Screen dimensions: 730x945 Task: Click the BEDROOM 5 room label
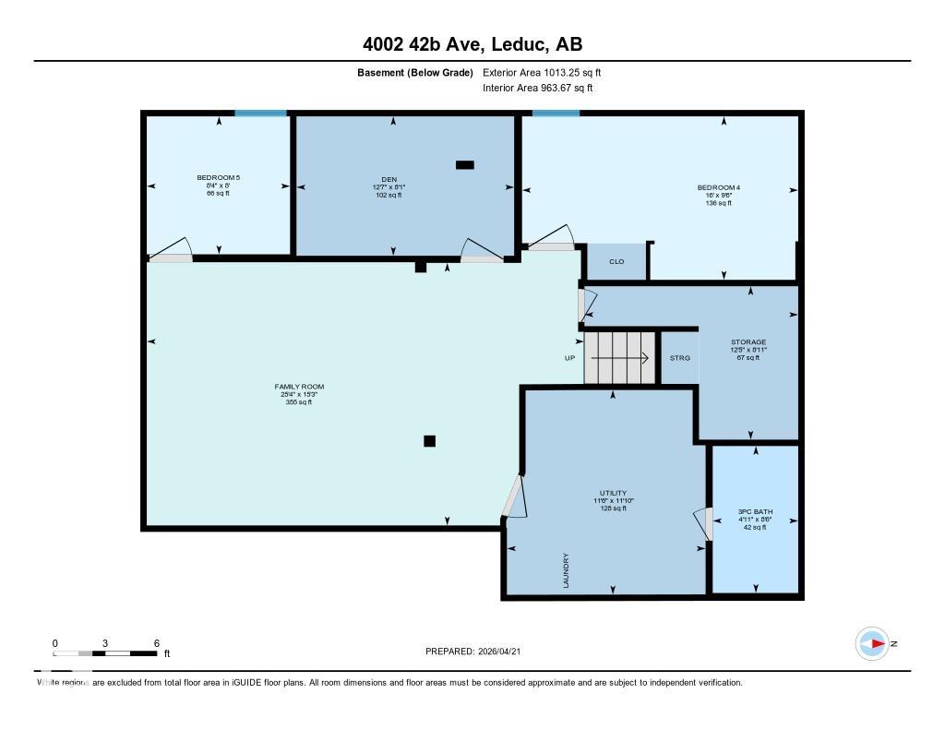pyautogui.click(x=218, y=177)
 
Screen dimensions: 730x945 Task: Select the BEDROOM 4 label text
pyautogui.click(x=718, y=188)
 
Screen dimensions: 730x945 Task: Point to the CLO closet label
pyautogui.click(x=616, y=262)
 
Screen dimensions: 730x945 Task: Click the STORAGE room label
pyautogui.click(x=748, y=342)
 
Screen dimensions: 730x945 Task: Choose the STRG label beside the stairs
pyautogui.click(x=679, y=358)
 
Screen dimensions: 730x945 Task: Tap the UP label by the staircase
pyautogui.click(x=570, y=358)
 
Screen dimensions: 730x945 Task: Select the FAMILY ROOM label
pyautogui.click(x=299, y=387)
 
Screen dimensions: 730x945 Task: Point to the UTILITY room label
pyautogui.click(x=613, y=494)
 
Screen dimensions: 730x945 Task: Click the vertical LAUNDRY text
pyautogui.click(x=566, y=569)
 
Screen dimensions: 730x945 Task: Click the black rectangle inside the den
pyautogui.click(x=465, y=165)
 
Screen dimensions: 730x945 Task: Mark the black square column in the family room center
pyautogui.click(x=429, y=441)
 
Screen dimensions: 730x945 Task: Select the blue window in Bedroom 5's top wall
pyautogui.click(x=260, y=114)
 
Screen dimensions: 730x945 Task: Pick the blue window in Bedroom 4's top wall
pyautogui.click(x=556, y=114)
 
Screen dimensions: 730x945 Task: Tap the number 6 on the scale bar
pyautogui.click(x=157, y=643)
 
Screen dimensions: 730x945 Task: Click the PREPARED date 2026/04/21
pyautogui.click(x=503, y=652)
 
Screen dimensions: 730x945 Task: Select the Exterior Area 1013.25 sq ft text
pyautogui.click(x=542, y=73)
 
